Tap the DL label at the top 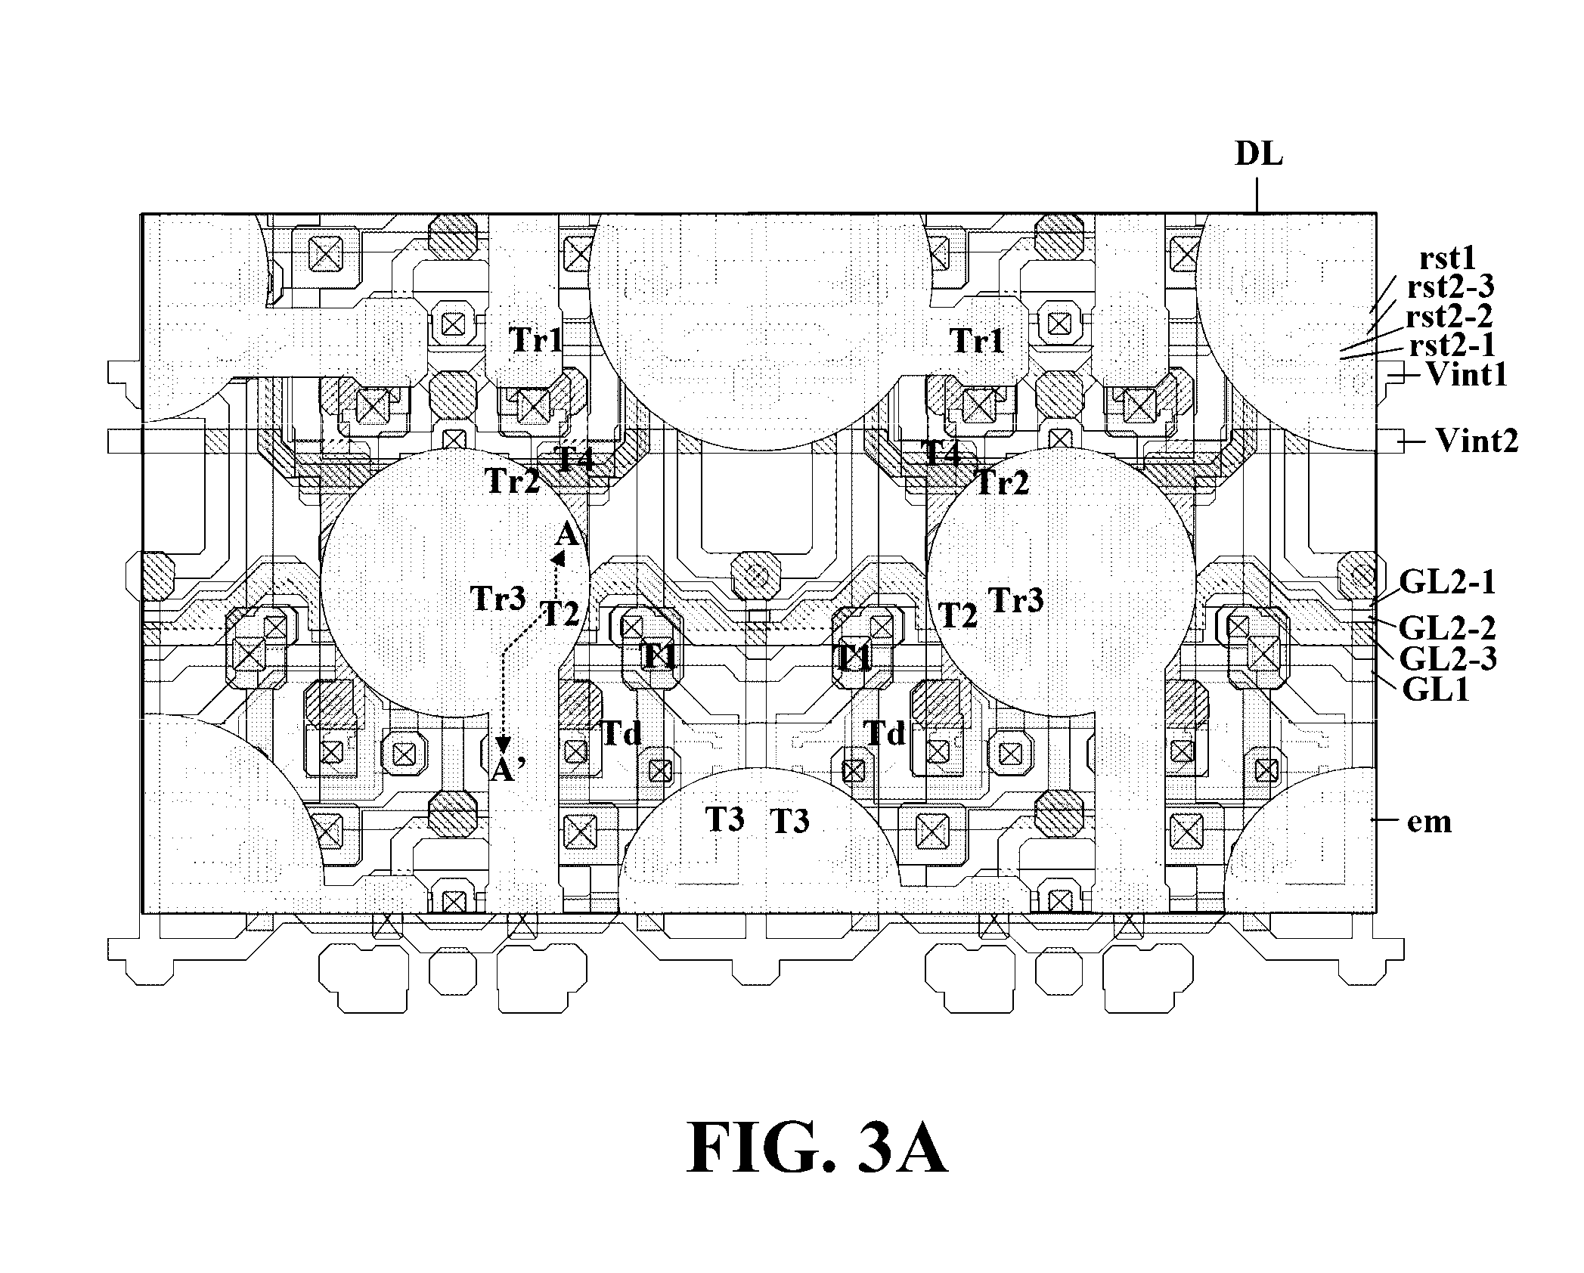click(1259, 154)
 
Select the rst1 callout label click(1448, 259)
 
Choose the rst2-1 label click(1452, 345)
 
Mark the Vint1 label click(1466, 374)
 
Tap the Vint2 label click(1477, 440)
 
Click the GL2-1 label click(1447, 582)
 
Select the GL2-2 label click(1447, 627)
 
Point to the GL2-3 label click(1448, 658)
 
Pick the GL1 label click(1436, 689)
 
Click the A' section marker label click(507, 770)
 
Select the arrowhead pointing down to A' click(503, 745)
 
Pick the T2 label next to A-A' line click(560, 614)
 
